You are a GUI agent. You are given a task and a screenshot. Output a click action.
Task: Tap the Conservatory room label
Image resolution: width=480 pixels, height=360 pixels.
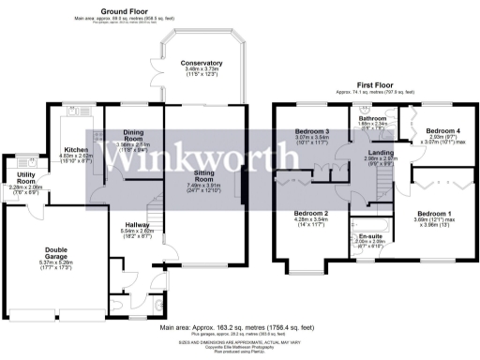tap(203, 63)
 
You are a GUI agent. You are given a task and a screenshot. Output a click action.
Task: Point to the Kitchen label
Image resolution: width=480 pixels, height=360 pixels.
tap(75, 149)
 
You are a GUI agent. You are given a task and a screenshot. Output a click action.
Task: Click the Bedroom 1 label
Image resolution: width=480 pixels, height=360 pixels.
tap(434, 214)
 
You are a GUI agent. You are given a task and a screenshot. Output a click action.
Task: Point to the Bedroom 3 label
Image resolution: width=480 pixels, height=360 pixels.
tap(312, 130)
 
